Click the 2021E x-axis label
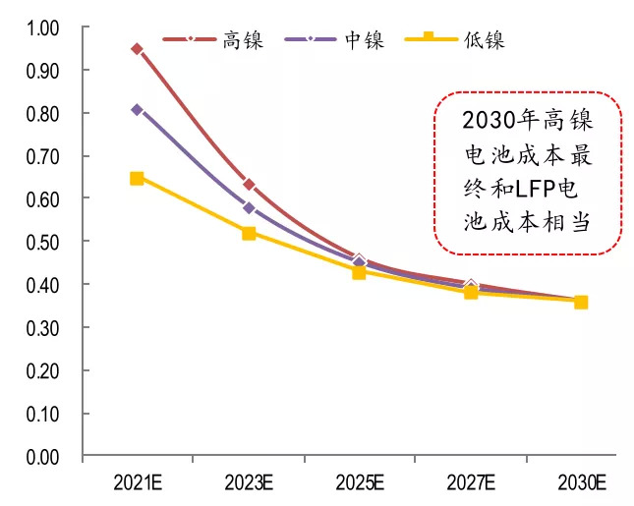pyautogui.click(x=137, y=482)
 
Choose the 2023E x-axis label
pyautogui.click(x=249, y=482)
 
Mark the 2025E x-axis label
pyautogui.click(x=359, y=482)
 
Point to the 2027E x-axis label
pyautogui.click(x=470, y=482)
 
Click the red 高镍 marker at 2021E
pyautogui.click(x=137, y=49)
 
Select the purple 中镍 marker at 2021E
pyautogui.click(x=137, y=110)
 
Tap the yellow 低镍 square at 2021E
pyautogui.click(x=137, y=179)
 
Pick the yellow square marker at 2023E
pyautogui.click(x=249, y=234)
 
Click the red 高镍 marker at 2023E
pyautogui.click(x=249, y=185)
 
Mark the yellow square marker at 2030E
pyautogui.click(x=581, y=303)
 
